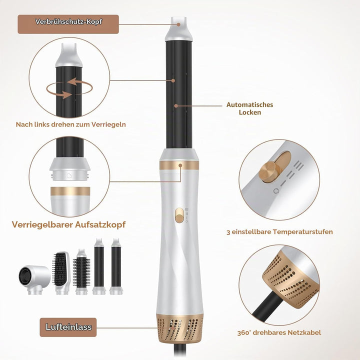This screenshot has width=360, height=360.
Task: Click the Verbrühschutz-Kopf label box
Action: [68, 24]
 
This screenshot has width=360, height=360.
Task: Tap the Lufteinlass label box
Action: [68, 327]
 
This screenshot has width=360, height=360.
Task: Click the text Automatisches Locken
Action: [250, 108]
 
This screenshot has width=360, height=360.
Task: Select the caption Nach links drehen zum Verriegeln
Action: [70, 124]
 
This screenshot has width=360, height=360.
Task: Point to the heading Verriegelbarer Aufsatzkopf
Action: [68, 224]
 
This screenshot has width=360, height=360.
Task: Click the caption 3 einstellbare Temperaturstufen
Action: [279, 231]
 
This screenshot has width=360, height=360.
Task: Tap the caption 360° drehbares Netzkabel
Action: [279, 332]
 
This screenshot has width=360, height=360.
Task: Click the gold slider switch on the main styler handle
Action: [178, 215]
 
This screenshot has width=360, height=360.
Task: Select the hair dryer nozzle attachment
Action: [34, 279]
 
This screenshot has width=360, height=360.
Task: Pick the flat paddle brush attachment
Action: [61, 273]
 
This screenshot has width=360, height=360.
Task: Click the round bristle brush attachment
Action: [81, 272]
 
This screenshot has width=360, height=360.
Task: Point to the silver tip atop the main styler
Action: [179, 28]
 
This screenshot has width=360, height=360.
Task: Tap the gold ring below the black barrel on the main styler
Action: [179, 165]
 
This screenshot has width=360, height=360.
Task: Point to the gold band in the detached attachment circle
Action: [70, 191]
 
